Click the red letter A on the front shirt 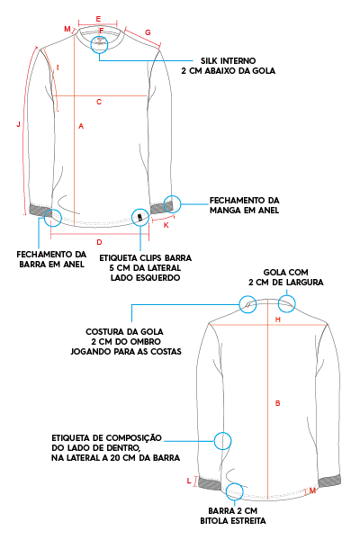click(81, 126)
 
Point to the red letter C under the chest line click(99, 102)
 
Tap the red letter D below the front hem click(99, 242)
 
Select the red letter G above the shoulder click(148, 32)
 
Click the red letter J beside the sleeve click(19, 124)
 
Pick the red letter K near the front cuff click(166, 225)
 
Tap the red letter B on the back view click(278, 403)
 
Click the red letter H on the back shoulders click(278, 319)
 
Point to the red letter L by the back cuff click(189, 481)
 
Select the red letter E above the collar click(98, 19)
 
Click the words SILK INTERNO click(228, 61)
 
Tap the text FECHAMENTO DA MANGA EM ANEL click(244, 205)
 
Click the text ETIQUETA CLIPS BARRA click(146, 258)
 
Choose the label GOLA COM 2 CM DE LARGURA click(286, 277)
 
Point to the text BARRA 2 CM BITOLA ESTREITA click(233, 516)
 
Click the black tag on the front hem click(140, 218)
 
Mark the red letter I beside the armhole click(58, 67)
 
